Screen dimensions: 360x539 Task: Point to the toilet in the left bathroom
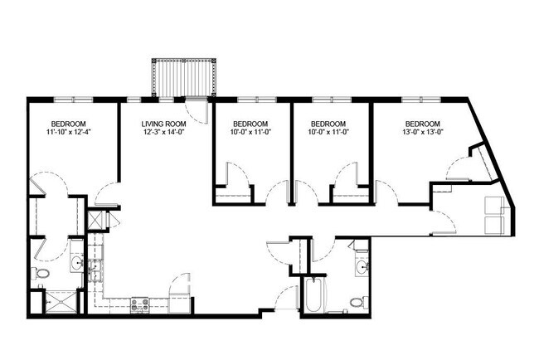coord(42,274)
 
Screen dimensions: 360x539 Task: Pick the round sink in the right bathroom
coord(362,267)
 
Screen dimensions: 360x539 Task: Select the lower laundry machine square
coord(493,222)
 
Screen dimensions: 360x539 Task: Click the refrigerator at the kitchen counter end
coord(179,301)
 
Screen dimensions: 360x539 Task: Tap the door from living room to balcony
coord(196,108)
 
